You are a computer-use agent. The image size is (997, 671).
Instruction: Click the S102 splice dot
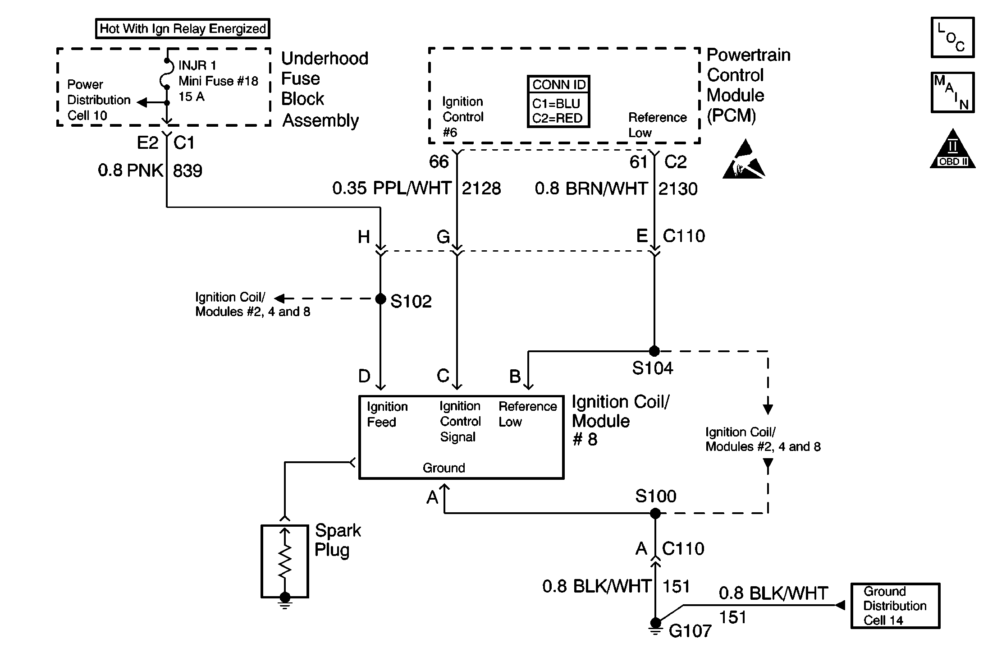pyautogui.click(x=380, y=299)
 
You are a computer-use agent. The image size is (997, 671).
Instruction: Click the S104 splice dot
pyautogui.click(x=654, y=351)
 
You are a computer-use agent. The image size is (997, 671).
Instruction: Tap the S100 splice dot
pyautogui.click(x=655, y=513)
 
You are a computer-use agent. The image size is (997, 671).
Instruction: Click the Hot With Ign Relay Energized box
pyautogui.click(x=183, y=29)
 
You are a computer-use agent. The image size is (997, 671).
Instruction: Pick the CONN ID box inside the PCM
pyautogui.click(x=558, y=102)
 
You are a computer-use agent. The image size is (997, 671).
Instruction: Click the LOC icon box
pyautogui.click(x=952, y=38)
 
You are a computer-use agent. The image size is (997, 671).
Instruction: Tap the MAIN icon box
pyautogui.click(x=952, y=92)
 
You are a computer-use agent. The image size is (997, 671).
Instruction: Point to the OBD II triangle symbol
pyautogui.click(x=952, y=151)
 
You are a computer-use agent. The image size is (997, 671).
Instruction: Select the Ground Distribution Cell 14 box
pyautogui.click(x=895, y=606)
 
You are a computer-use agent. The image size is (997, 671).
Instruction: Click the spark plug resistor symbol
pyautogui.click(x=285, y=561)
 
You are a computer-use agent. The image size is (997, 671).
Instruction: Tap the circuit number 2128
pyautogui.click(x=481, y=188)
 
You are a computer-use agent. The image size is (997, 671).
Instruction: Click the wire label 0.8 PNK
pyautogui.click(x=131, y=170)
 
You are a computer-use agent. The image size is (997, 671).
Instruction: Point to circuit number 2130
pyautogui.click(x=678, y=189)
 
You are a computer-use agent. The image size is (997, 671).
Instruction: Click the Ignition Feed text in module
pyautogui.click(x=387, y=414)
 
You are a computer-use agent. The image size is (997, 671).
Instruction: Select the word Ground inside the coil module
pyautogui.click(x=444, y=468)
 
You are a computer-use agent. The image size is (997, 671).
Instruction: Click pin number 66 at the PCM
pyautogui.click(x=439, y=162)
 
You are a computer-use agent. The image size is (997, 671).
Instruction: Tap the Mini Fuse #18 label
pyautogui.click(x=218, y=81)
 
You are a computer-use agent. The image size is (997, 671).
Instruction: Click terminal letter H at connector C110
pyautogui.click(x=364, y=237)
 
